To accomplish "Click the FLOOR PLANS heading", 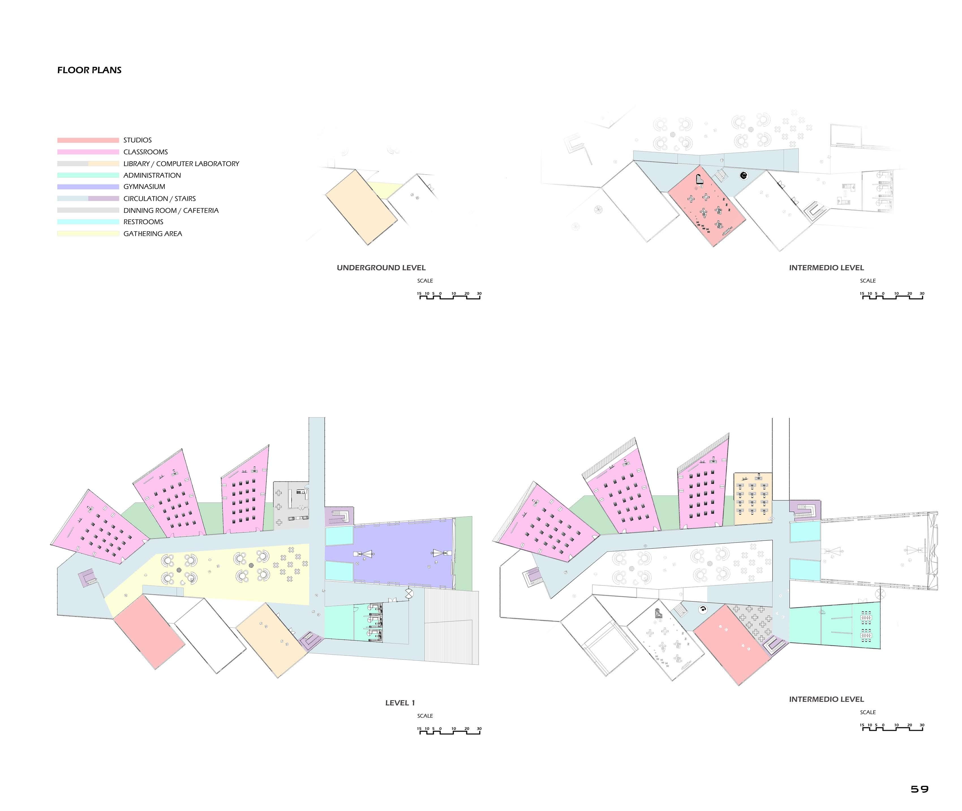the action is pos(89,70).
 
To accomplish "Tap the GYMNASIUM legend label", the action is pos(144,187).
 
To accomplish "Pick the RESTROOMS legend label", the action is pos(143,221).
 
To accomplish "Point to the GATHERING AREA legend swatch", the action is pos(88,234).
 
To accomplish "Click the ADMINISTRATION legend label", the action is pos(152,175).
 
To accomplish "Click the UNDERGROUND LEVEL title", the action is pos(381,268).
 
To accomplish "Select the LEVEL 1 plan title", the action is pos(400,702).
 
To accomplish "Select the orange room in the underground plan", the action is pos(361,207).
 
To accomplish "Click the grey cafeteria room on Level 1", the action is pos(291,504).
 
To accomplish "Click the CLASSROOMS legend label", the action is pos(145,152).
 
